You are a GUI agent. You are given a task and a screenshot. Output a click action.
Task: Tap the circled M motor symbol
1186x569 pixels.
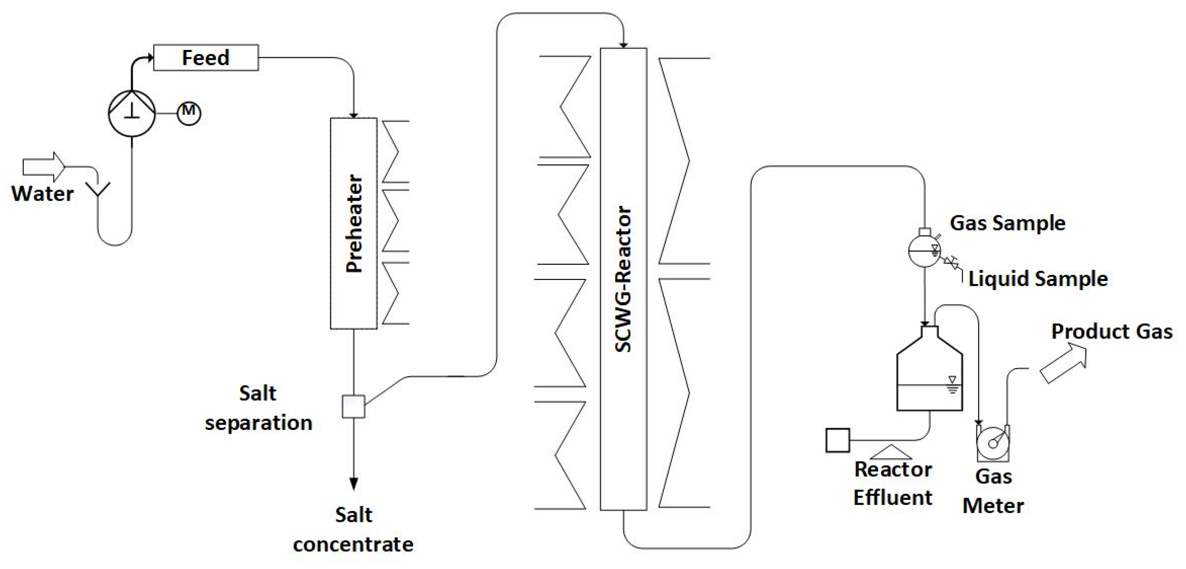189,113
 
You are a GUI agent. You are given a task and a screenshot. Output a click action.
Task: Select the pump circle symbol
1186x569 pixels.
132,113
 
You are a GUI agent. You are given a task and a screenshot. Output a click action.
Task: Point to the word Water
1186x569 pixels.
43,194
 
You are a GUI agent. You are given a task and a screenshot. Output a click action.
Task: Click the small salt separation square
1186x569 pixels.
353,407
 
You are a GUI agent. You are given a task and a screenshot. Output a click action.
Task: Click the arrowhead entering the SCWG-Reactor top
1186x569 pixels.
623,45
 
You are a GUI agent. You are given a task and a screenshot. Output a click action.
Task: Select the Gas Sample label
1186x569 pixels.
1007,223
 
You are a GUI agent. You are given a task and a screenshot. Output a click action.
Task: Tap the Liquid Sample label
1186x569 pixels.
1038,279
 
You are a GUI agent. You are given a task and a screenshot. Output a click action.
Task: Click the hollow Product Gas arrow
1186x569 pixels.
1064,364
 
